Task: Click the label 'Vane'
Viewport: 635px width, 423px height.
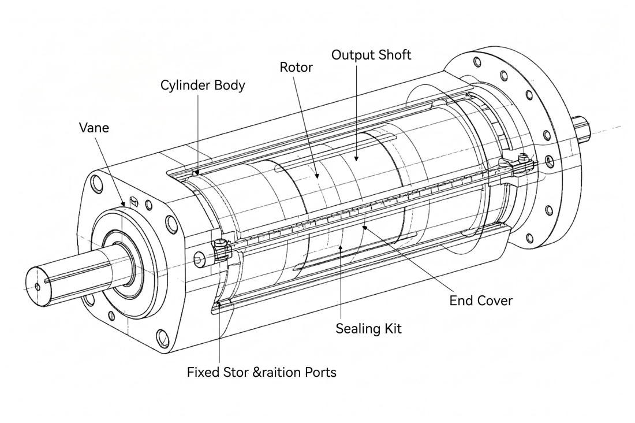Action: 94,128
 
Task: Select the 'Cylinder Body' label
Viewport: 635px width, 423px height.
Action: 203,86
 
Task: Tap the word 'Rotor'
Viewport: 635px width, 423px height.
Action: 296,68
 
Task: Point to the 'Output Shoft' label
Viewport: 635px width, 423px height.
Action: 371,55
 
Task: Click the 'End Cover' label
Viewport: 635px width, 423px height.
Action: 481,300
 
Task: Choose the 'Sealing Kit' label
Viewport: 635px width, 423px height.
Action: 368,328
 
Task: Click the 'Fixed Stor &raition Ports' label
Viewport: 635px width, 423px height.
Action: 262,372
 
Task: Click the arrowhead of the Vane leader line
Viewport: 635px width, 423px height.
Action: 124,203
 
